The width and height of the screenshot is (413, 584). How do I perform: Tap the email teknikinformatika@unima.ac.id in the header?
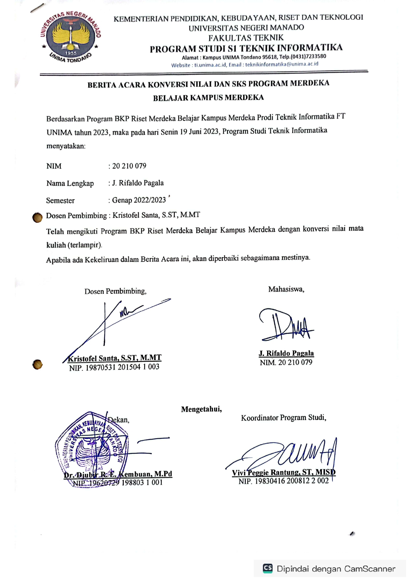pyautogui.click(x=281, y=64)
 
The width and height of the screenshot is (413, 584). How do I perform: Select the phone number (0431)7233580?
pyautogui.click(x=308, y=56)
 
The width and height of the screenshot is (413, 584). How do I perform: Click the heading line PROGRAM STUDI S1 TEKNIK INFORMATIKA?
pyautogui.click(x=246, y=48)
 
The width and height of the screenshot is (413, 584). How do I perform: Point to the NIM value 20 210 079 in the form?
pyautogui.click(x=129, y=166)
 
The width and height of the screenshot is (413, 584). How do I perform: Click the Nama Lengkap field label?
pyautogui.click(x=70, y=183)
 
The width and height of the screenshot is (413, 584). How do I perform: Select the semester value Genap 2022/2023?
pyautogui.click(x=139, y=200)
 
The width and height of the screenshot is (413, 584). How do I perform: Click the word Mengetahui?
pyautogui.click(x=201, y=409)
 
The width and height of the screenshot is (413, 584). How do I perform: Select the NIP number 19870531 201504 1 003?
pyautogui.click(x=122, y=367)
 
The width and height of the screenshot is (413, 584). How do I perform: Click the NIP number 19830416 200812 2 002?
pyautogui.click(x=291, y=481)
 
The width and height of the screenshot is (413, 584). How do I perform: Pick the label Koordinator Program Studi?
pyautogui.click(x=283, y=418)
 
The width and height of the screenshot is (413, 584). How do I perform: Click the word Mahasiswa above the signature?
pyautogui.click(x=286, y=289)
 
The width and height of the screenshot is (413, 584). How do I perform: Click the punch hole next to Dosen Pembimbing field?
pyautogui.click(x=37, y=218)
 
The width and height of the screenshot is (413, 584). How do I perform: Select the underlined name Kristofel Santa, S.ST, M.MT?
pyautogui.click(x=115, y=358)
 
